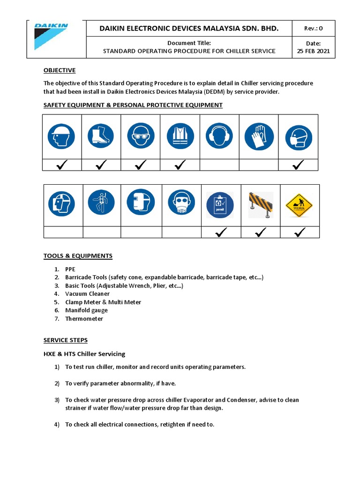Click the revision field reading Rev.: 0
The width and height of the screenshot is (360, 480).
pyautogui.click(x=314, y=28)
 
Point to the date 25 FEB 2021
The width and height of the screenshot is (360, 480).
pyautogui.click(x=314, y=51)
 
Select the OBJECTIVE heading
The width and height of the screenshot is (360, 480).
pyautogui.click(x=60, y=70)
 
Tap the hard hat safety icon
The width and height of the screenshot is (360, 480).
pyautogui.click(x=61, y=136)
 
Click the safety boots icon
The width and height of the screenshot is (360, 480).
pyautogui.click(x=101, y=136)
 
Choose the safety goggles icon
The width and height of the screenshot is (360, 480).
pyautogui.click(x=140, y=136)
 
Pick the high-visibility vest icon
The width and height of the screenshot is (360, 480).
pyautogui.click(x=180, y=136)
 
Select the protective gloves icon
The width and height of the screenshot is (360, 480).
pyautogui.click(x=258, y=136)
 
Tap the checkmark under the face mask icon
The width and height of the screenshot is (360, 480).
pyautogui.click(x=298, y=165)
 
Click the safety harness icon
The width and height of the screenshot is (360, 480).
pyautogui.click(x=101, y=203)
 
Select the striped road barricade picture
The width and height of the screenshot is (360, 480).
pyautogui.click(x=261, y=204)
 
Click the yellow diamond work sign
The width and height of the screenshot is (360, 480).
pyautogui.click(x=300, y=205)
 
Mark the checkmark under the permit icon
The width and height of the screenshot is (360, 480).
pyautogui.click(x=221, y=232)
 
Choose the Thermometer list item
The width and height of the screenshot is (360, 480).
pyautogui.click(x=84, y=319)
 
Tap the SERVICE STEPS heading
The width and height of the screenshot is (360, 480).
pyautogui.click(x=66, y=340)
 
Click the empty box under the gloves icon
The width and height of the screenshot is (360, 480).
pyautogui.click(x=258, y=165)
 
